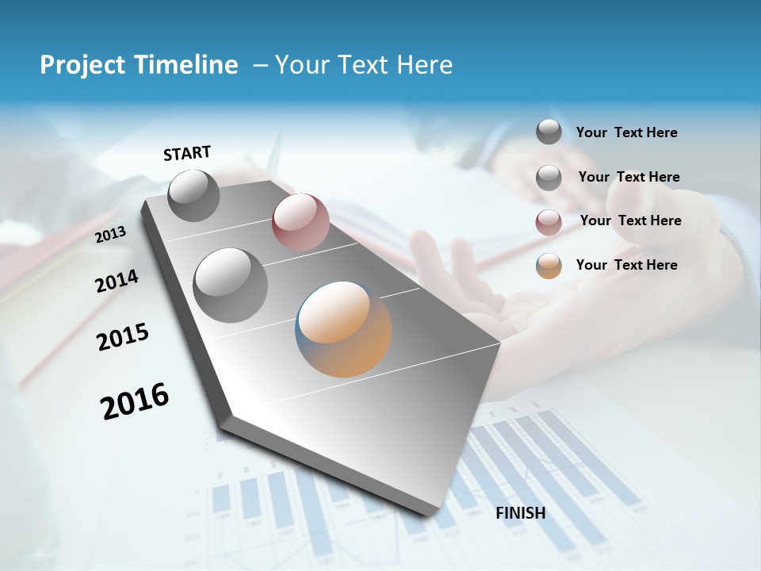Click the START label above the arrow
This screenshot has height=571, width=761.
(187, 153)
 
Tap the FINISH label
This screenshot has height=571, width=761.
(520, 513)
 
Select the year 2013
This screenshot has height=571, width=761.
(110, 235)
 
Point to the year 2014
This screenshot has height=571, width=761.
(117, 282)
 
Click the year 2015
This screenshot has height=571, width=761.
(123, 337)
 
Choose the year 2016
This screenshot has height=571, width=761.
(135, 400)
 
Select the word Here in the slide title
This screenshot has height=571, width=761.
(424, 65)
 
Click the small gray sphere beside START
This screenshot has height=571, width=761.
(193, 195)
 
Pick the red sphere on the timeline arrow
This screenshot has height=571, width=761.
(300, 222)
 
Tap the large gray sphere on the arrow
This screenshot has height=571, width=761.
(230, 285)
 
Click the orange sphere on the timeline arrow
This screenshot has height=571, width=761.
(343, 328)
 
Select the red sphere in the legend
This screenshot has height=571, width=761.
(549, 221)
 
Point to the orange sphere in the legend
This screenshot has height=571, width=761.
(549, 266)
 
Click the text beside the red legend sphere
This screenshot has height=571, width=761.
(630, 220)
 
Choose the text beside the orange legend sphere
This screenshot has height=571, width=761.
(626, 265)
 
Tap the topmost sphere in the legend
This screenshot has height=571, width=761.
(549, 132)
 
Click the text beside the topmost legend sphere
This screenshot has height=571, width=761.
(626, 132)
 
